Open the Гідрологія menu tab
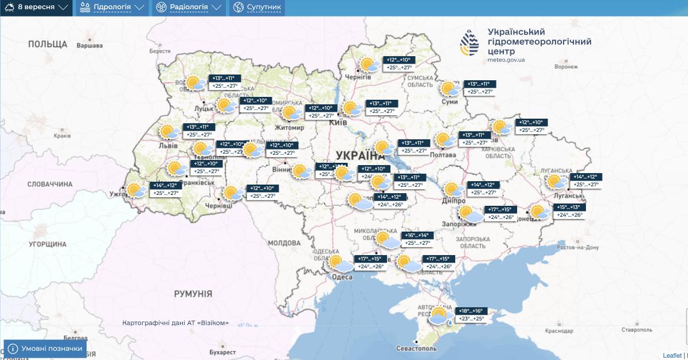coord(111,7)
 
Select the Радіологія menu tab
coord(189,7)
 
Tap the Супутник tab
coord(257,7)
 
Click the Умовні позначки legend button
coord(45,348)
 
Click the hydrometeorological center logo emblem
coord(470,44)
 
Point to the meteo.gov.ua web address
coord(506,60)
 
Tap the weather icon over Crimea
coord(440,316)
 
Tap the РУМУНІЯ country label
coord(193,294)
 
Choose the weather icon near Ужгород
coord(136,190)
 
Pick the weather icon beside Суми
coord(449,89)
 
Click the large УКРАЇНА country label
coord(359,155)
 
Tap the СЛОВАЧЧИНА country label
coord(50,184)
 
